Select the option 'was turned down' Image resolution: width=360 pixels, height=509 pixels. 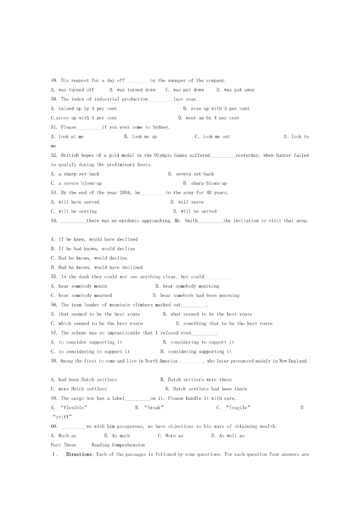136,90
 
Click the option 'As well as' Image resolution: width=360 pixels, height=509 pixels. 231,436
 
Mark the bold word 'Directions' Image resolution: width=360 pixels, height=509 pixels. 79,454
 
